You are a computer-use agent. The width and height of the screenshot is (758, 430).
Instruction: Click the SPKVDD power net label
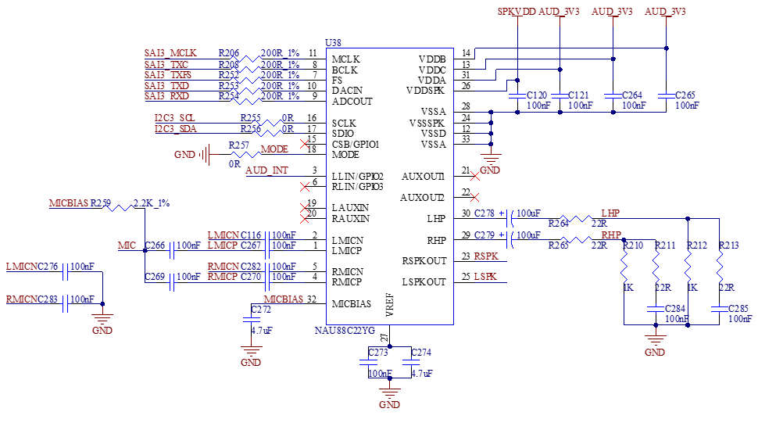coord(518,12)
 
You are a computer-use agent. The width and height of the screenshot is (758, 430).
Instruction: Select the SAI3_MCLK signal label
coord(170,53)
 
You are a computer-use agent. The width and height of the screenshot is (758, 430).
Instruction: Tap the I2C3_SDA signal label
coord(176,129)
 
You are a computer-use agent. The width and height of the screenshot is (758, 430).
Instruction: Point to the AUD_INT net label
coord(266,170)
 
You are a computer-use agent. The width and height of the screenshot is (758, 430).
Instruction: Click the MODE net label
coord(275,149)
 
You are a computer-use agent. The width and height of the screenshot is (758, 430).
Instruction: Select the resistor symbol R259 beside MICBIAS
coord(118,207)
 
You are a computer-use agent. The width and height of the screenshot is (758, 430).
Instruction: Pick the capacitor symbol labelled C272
coord(252,319)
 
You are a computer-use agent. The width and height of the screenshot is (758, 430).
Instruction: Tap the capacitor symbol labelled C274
coord(410,363)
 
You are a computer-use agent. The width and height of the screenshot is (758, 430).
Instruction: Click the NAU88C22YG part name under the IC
coord(345,331)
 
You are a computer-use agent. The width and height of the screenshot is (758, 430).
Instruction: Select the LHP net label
coord(611,213)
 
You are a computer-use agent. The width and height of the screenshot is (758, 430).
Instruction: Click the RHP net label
coord(611,235)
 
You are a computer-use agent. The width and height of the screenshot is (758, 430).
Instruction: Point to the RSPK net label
coord(486,256)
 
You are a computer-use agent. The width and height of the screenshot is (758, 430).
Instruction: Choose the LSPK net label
coord(486,277)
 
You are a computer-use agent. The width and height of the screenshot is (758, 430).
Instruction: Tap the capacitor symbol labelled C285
coord(719,310)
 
